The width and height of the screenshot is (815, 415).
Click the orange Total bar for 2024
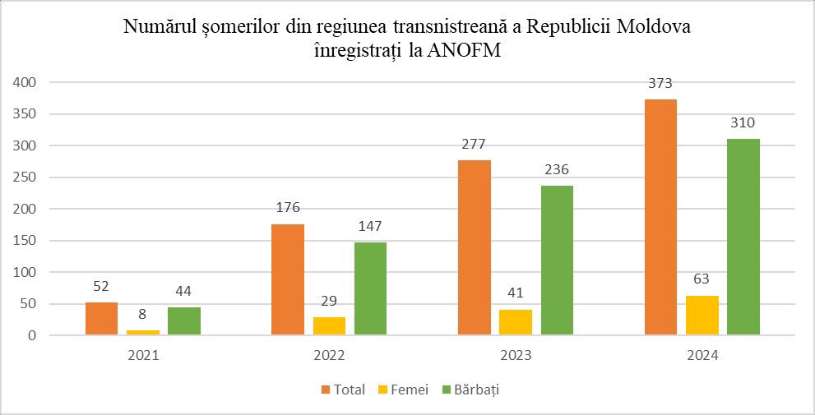(660, 217)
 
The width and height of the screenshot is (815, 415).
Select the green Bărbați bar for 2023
(557, 261)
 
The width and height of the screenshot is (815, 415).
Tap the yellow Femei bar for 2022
(329, 325)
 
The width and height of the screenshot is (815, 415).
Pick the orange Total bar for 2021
(101, 318)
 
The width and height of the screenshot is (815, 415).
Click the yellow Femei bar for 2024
(702, 316)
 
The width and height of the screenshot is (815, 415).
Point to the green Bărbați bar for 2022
(370, 288)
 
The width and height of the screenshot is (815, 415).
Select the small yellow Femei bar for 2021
(143, 333)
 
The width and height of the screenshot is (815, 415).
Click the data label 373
(660, 83)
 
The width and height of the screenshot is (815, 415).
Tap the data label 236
(557, 170)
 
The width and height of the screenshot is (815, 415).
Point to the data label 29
(329, 302)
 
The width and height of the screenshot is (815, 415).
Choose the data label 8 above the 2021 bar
(143, 314)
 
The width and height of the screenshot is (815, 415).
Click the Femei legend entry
(403, 390)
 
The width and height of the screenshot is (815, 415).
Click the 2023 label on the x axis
(516, 357)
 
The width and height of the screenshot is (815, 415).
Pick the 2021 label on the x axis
(143, 357)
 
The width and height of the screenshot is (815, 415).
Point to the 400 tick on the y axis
(24, 82)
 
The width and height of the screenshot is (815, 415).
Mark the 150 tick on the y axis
(24, 241)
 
